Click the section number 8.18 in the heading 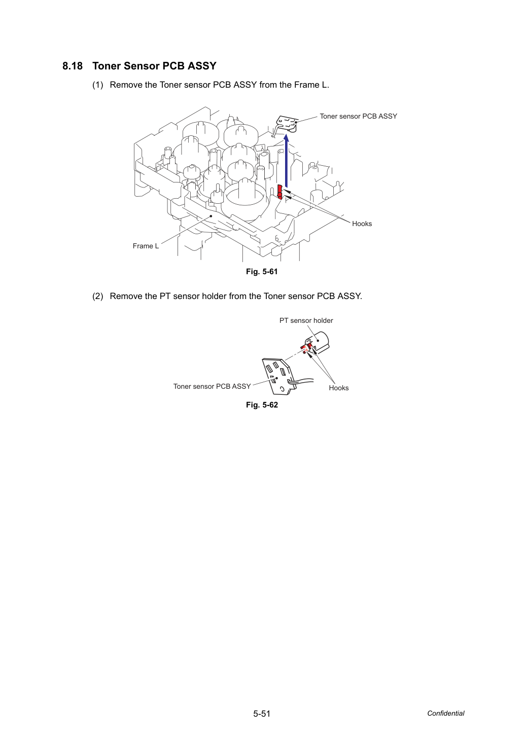pyautogui.click(x=73, y=66)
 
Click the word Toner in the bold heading pyautogui.click(x=107, y=66)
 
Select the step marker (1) pyautogui.click(x=98, y=85)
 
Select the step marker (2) pyautogui.click(x=98, y=296)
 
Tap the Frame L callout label pyautogui.click(x=146, y=246)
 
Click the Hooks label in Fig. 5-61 pyautogui.click(x=362, y=224)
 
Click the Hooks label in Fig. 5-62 pyautogui.click(x=339, y=388)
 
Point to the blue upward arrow pyautogui.click(x=287, y=161)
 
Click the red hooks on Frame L pyautogui.click(x=280, y=192)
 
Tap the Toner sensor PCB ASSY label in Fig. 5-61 pyautogui.click(x=358, y=116)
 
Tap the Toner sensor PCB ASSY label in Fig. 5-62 pyautogui.click(x=212, y=386)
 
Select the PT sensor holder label pyautogui.click(x=306, y=320)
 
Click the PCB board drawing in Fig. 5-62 pyautogui.click(x=276, y=377)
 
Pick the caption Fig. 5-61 pyautogui.click(x=262, y=272)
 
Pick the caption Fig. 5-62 pyautogui.click(x=262, y=405)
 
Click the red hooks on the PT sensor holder pyautogui.click(x=306, y=347)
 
